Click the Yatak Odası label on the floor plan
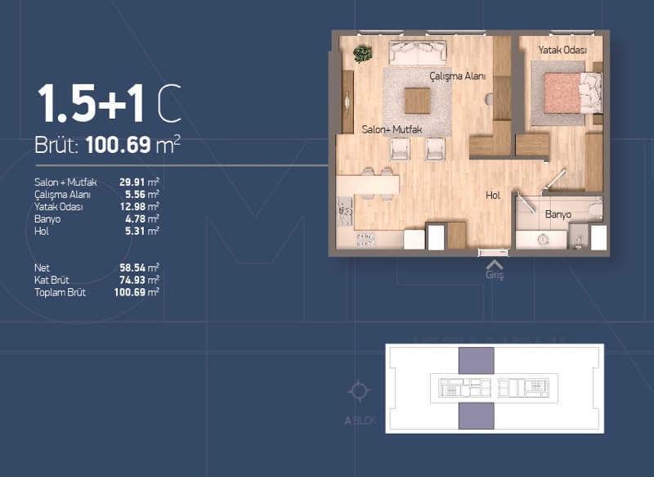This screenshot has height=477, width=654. tap(562, 50)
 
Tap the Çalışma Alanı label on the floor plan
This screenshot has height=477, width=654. tap(458, 76)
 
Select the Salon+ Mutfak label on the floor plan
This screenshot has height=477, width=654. tap(392, 129)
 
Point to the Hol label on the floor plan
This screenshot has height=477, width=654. tap(493, 196)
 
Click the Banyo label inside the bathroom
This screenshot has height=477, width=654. tap(558, 214)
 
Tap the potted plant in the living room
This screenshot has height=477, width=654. tap(362, 54)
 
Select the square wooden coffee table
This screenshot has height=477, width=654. tap(418, 101)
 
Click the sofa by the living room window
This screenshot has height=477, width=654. tap(418, 52)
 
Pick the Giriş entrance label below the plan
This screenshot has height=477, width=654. tap(495, 275)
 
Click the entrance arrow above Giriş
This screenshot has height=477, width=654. tap(495, 264)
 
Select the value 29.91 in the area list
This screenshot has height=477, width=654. tap(132, 182)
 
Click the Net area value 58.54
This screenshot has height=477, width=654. tap(132, 268)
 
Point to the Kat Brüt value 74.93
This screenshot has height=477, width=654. tap(132, 280)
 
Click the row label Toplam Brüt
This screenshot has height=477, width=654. tap(60, 292)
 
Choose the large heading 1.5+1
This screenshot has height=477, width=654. tap(92, 103)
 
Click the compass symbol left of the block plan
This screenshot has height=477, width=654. tap(359, 391)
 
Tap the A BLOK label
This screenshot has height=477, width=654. tap(361, 421)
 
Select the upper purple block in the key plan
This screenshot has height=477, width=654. tap(477, 361)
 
